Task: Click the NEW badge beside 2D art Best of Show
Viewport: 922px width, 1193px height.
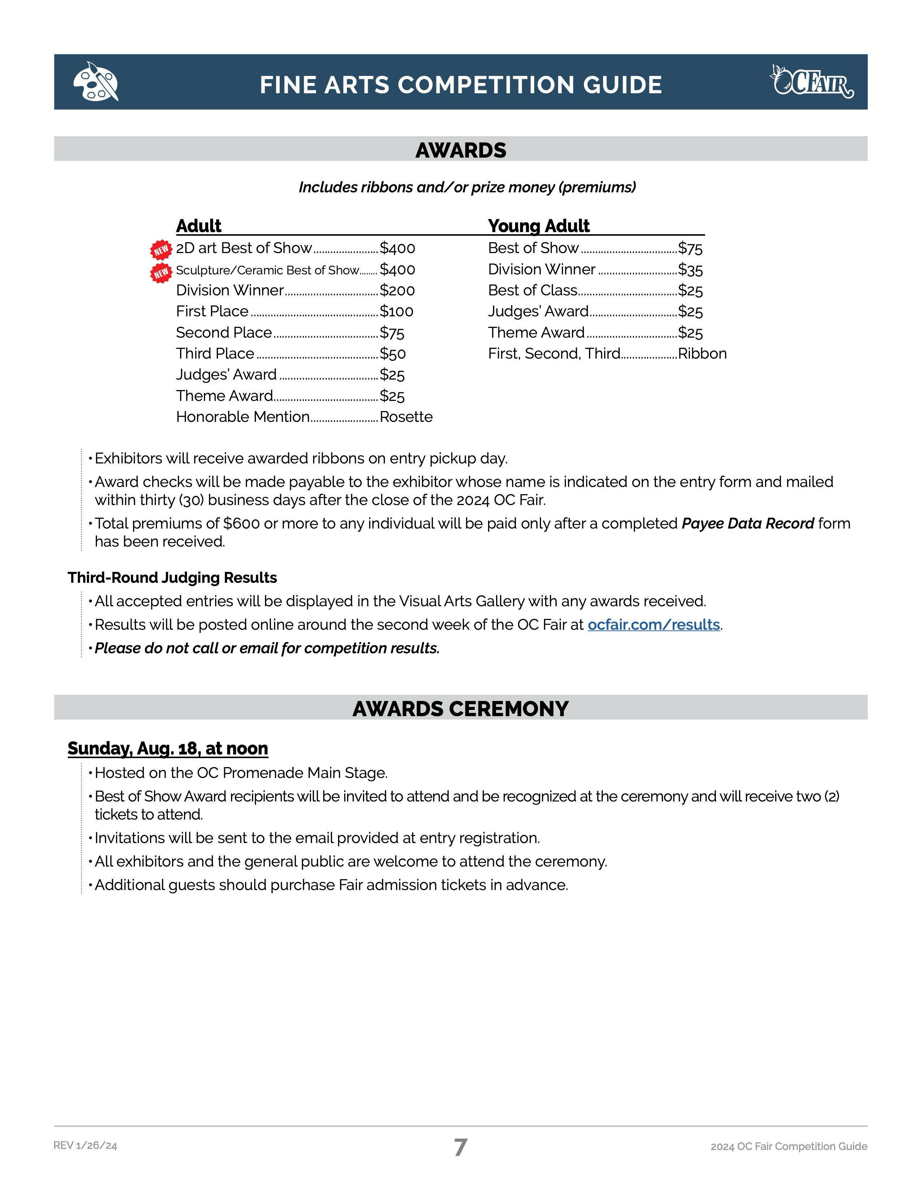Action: tap(161, 250)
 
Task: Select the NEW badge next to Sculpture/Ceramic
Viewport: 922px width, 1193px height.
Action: tap(161, 272)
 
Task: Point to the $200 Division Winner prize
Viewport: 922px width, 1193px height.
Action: tap(397, 291)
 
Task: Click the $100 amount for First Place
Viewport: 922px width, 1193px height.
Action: tap(397, 311)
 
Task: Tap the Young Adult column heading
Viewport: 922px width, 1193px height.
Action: tap(539, 226)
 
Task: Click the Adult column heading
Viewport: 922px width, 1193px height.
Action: tap(198, 226)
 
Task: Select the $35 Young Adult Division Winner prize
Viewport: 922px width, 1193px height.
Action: tap(690, 270)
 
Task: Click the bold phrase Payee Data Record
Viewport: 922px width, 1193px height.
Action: tap(748, 523)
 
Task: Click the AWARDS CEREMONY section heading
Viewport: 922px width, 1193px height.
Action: tap(460, 709)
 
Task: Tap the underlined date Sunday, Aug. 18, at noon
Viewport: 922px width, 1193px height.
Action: tap(168, 748)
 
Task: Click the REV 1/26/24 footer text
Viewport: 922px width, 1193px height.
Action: tap(85, 1146)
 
